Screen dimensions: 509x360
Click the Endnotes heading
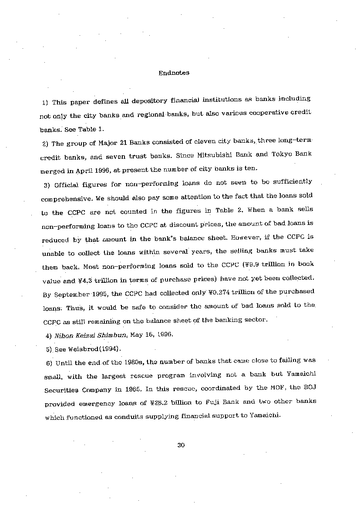(x=174, y=73)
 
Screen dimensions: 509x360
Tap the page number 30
(x=182, y=445)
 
